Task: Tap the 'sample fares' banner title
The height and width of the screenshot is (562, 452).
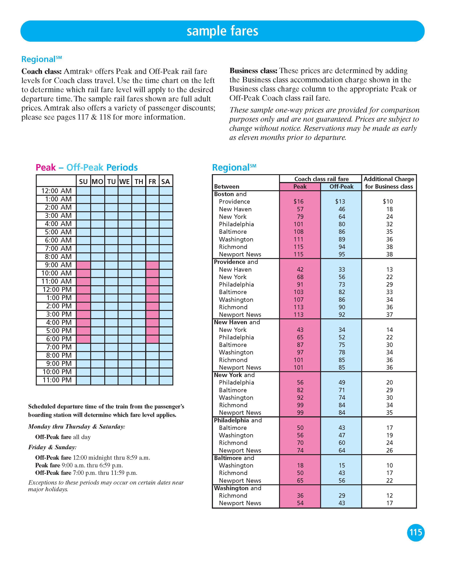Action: [222, 31]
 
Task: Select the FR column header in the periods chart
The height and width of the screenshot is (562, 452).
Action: [152, 182]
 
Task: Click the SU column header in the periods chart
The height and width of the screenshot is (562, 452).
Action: [83, 182]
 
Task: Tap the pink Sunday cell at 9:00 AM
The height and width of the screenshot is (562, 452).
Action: [83, 265]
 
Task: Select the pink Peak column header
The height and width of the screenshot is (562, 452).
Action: [300, 187]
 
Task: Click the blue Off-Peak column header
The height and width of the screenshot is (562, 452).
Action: [341, 187]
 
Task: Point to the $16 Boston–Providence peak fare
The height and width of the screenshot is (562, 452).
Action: [299, 201]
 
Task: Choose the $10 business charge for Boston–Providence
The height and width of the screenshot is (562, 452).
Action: [388, 201]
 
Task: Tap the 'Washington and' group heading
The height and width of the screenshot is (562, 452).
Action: [237, 488]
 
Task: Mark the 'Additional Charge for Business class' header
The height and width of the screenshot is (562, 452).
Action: [389, 183]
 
